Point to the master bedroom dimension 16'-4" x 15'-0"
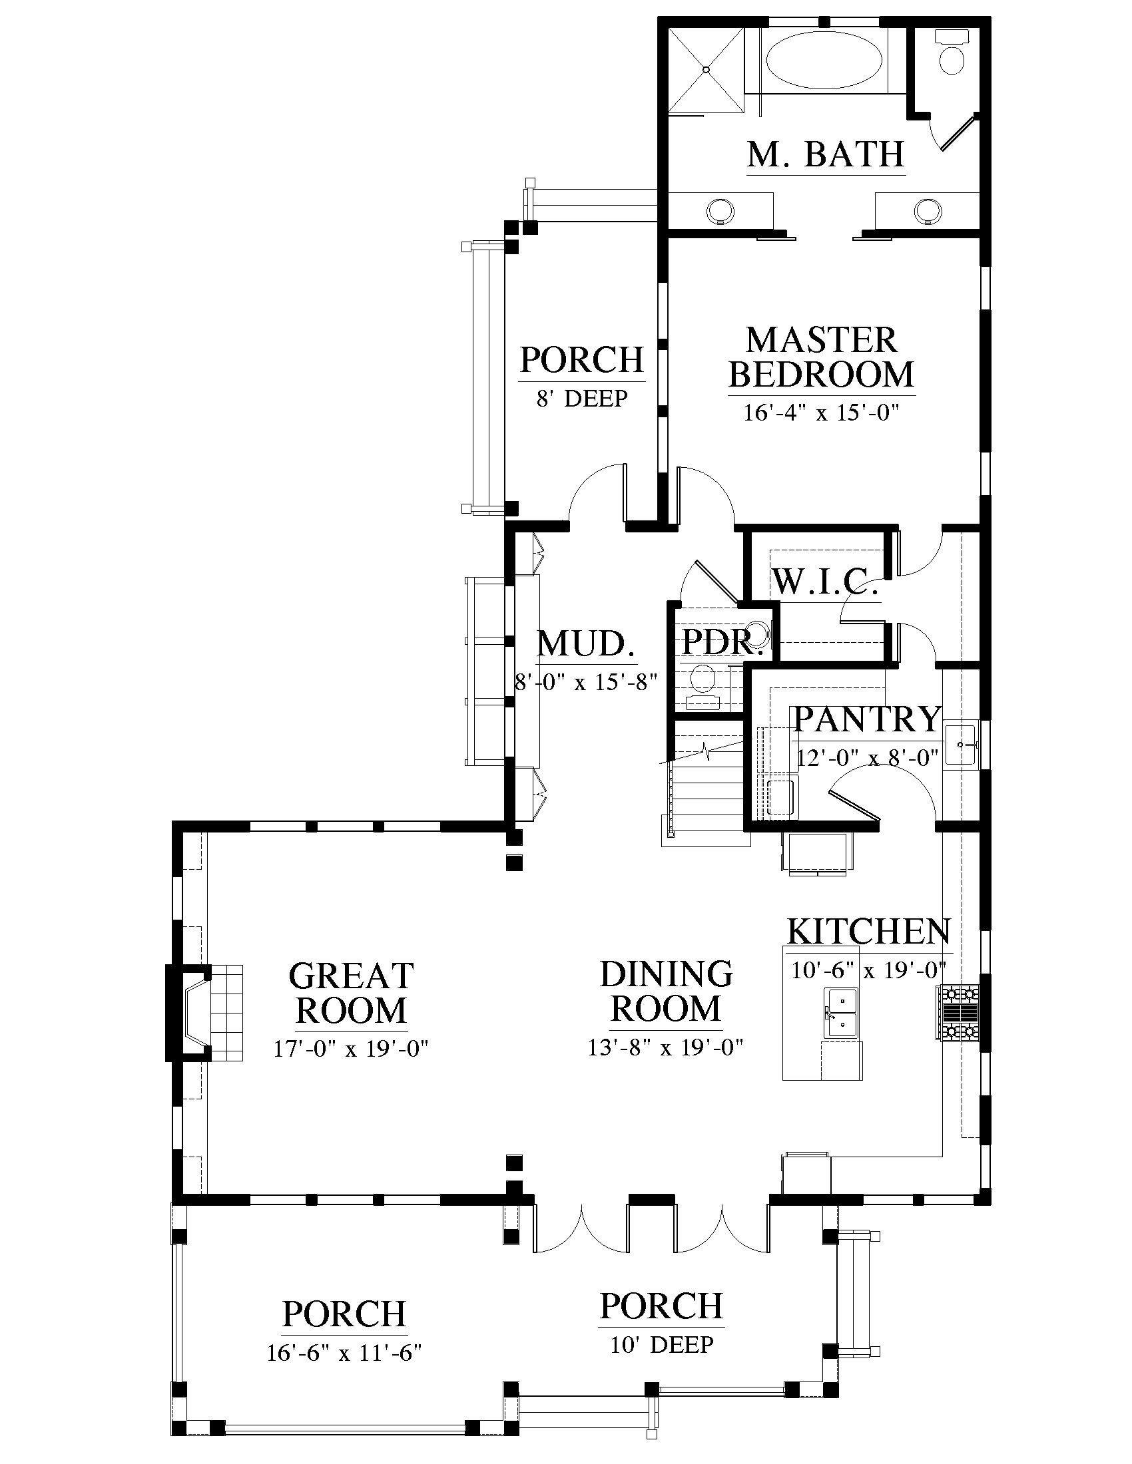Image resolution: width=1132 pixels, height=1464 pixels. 821,413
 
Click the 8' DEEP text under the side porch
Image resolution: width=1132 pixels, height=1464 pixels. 581,399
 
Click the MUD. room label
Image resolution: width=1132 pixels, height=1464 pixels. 586,643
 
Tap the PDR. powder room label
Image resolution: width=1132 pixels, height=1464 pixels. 723,642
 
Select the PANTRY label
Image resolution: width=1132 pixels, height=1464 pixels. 868,719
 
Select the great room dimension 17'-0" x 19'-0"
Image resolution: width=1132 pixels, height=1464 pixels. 351,1048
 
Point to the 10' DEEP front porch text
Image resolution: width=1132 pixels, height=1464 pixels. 662,1344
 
